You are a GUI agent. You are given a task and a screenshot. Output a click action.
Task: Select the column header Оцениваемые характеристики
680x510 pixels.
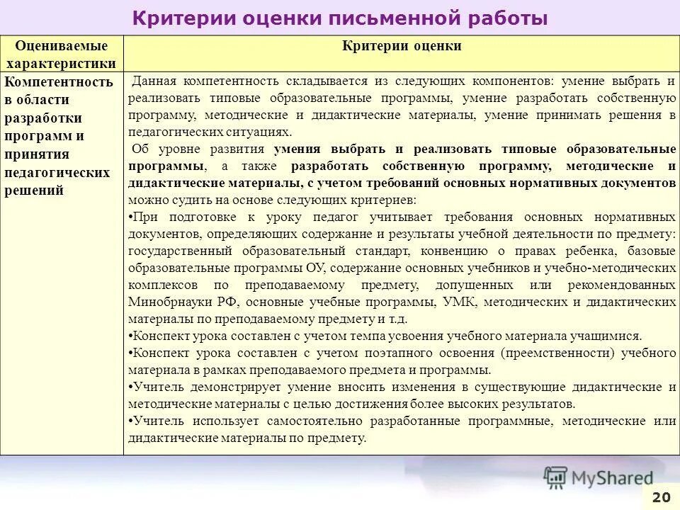pyautogui.click(x=62, y=55)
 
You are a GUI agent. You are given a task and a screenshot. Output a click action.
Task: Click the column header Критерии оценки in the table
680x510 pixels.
pyautogui.click(x=402, y=46)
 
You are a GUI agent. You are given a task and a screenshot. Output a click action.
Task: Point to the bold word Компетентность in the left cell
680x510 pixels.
pyautogui.click(x=59, y=81)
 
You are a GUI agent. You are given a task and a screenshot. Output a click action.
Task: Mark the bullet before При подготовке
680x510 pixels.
pyautogui.click(x=130, y=217)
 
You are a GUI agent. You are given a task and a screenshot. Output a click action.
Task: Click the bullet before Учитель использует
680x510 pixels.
pyautogui.click(x=130, y=421)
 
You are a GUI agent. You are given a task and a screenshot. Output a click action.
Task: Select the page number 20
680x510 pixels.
pyautogui.click(x=661, y=497)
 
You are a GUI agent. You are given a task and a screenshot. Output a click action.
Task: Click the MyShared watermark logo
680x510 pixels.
pyautogui.click(x=598, y=477)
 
